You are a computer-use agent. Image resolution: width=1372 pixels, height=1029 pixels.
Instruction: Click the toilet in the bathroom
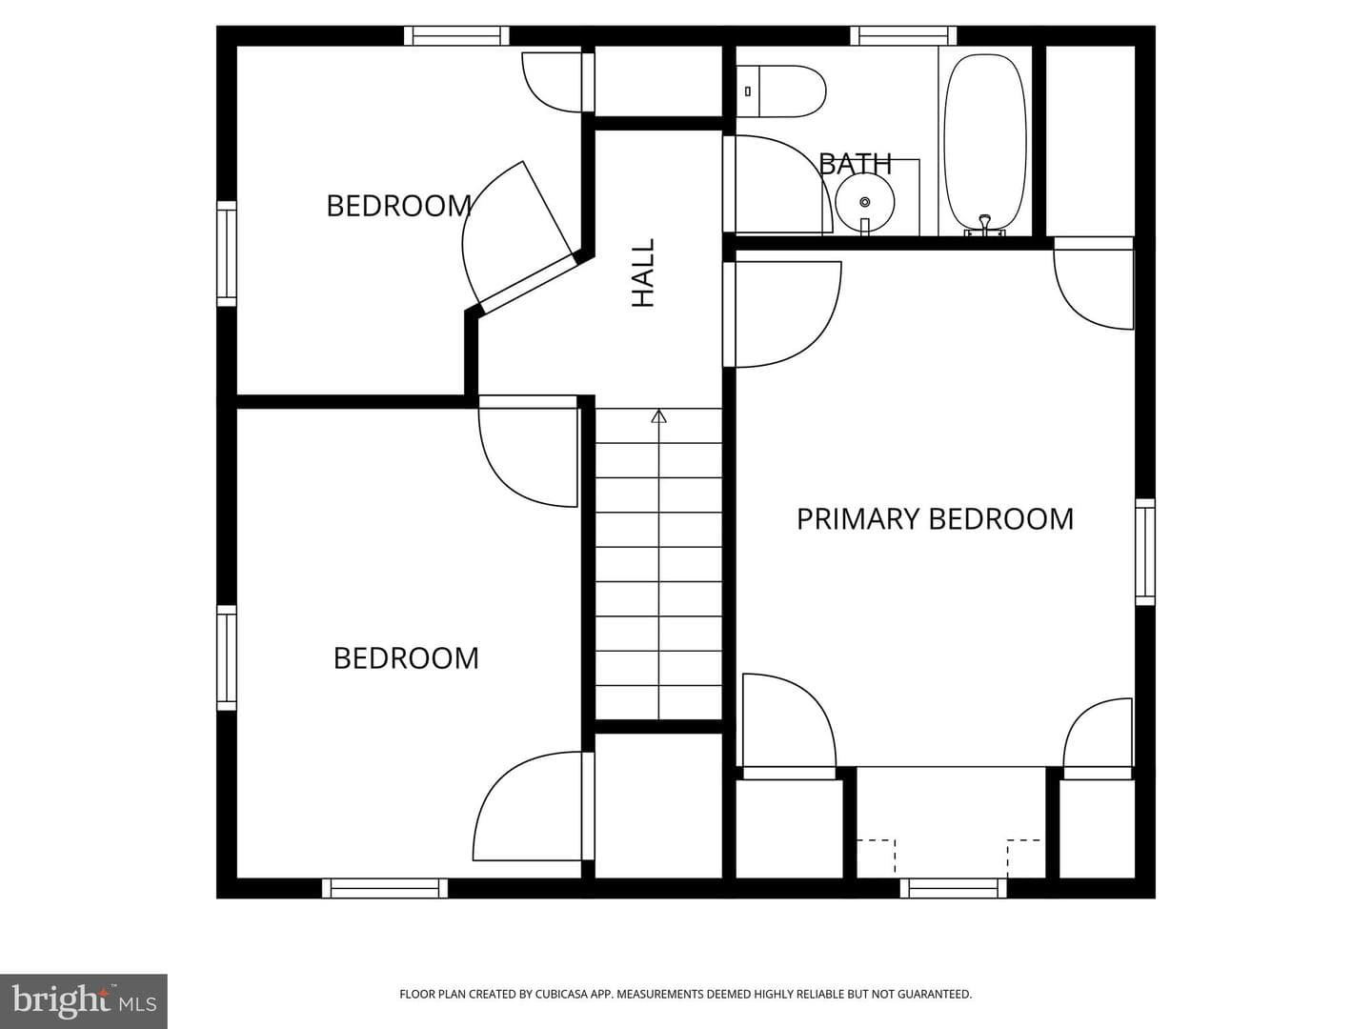click(780, 91)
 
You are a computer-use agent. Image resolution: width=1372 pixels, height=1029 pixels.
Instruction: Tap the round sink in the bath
click(865, 202)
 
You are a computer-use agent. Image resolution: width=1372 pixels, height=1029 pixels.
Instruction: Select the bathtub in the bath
click(985, 144)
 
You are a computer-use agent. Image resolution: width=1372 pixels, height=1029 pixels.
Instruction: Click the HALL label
click(643, 272)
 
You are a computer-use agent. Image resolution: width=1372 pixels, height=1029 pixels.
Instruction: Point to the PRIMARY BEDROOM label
click(935, 519)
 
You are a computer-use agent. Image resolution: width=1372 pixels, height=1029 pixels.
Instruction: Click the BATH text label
click(855, 164)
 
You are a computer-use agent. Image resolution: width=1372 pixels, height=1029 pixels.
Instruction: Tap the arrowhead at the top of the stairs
click(658, 416)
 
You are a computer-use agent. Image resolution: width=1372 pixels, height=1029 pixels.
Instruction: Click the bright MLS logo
click(84, 1000)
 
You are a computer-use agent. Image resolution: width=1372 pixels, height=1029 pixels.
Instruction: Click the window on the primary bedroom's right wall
click(1145, 552)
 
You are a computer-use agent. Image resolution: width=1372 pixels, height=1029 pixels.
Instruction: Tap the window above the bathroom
click(903, 35)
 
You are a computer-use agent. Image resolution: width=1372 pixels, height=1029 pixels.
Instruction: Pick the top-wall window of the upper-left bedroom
click(456, 35)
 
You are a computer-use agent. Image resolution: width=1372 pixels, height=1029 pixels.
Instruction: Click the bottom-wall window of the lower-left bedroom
click(385, 888)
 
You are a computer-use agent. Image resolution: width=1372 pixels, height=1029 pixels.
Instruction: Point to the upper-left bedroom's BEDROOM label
click(399, 206)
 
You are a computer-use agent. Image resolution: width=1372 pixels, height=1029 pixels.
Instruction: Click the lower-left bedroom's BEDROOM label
click(406, 658)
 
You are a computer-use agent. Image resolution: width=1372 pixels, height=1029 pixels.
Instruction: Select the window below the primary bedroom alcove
click(953, 888)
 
